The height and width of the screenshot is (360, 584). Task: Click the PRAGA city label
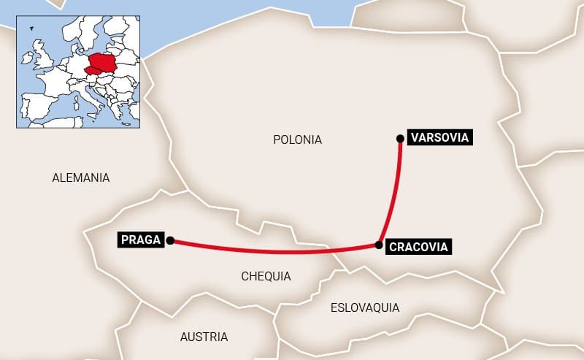140,240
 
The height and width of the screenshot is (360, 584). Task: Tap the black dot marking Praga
169,240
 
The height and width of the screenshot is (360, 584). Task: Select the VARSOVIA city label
439,137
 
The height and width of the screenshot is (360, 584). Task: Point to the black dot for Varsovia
399,138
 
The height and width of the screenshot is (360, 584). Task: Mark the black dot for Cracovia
378,245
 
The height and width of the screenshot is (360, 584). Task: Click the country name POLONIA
297,139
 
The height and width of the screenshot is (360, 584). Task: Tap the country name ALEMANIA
81,177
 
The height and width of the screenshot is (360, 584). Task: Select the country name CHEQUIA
266,276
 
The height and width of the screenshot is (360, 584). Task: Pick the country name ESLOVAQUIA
365,307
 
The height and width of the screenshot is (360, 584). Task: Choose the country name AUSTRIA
204,337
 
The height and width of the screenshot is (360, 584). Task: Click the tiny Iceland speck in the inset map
31,28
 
